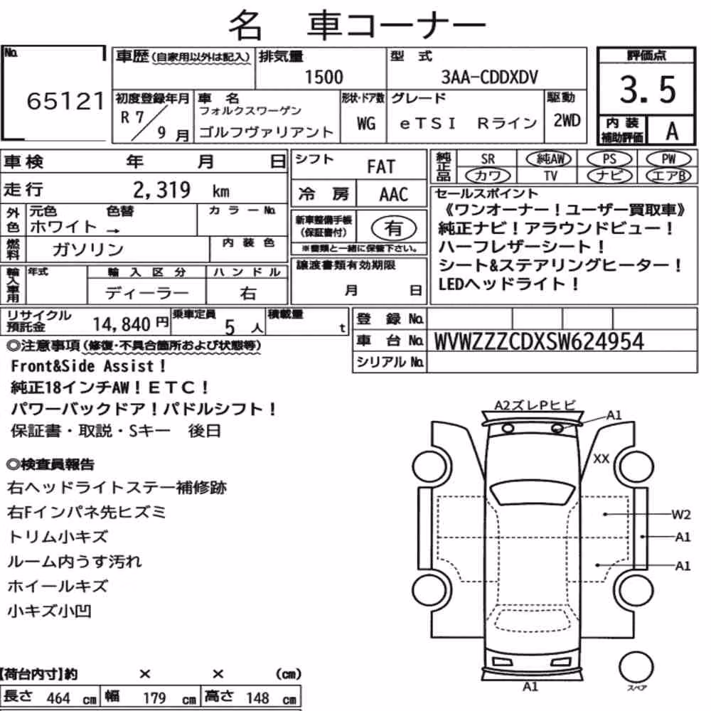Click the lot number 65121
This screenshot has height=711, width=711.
(x=65, y=101)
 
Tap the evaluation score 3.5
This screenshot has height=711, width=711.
(x=648, y=90)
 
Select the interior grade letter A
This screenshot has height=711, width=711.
(x=672, y=132)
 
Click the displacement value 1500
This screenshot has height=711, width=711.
(x=324, y=77)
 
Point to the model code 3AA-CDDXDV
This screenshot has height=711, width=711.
(x=489, y=77)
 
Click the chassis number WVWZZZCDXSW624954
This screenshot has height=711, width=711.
(x=539, y=341)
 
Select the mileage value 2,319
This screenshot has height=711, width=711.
(x=162, y=190)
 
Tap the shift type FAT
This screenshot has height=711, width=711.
(x=381, y=167)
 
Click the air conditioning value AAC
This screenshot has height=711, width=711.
(x=394, y=195)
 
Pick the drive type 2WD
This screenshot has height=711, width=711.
(x=567, y=121)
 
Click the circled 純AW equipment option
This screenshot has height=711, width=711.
(x=549, y=159)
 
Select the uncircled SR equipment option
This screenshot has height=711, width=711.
(x=488, y=159)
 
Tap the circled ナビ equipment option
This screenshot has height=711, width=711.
(x=609, y=176)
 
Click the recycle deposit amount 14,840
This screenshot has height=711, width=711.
(x=122, y=324)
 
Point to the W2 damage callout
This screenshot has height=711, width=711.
(x=680, y=515)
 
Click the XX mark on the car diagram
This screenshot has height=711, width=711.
(x=602, y=459)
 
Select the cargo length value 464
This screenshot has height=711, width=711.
(x=58, y=698)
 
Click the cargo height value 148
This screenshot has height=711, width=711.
(x=257, y=697)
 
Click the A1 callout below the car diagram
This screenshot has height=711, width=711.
(x=530, y=687)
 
